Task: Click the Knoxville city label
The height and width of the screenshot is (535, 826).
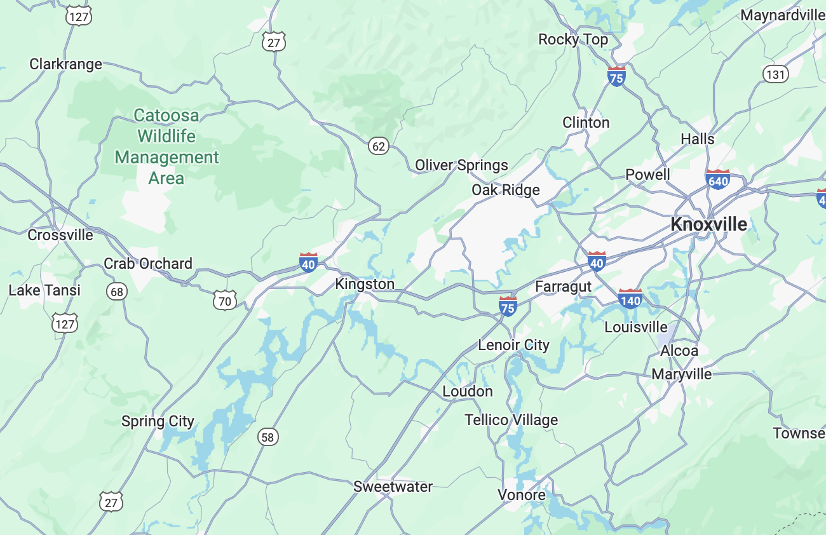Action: [x=709, y=224]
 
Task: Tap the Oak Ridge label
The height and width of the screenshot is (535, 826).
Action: [x=505, y=190]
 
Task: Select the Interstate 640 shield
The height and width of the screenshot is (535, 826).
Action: [x=717, y=180]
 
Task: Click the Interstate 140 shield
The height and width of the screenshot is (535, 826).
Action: [x=630, y=299]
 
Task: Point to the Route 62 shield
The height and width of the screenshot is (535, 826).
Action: [x=379, y=146]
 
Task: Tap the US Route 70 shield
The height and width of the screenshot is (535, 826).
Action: [x=225, y=301]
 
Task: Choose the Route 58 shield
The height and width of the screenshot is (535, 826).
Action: [x=268, y=437]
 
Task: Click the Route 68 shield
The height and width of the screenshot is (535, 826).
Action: [x=117, y=292]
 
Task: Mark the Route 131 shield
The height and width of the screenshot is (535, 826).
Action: [x=775, y=74]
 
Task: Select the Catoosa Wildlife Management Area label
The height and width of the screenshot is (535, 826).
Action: [x=166, y=147]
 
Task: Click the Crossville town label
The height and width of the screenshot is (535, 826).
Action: [x=60, y=235]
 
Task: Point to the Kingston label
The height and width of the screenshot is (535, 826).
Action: [x=365, y=284]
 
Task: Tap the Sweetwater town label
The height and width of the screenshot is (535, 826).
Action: [x=393, y=487]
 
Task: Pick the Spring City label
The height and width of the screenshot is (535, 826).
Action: [x=158, y=422]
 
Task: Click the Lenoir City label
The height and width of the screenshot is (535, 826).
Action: [x=513, y=345]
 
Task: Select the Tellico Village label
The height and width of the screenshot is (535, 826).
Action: [x=511, y=420]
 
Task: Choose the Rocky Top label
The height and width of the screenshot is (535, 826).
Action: [x=572, y=39]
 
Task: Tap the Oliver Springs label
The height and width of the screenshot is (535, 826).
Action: [x=461, y=166]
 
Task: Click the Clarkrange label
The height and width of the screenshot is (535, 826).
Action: [x=65, y=64]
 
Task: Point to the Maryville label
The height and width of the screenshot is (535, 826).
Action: [x=681, y=374]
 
